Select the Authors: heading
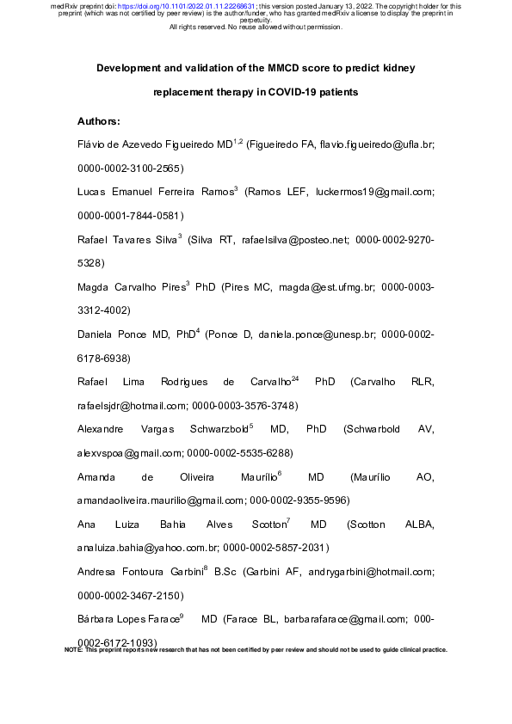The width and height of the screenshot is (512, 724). click(x=99, y=121)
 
